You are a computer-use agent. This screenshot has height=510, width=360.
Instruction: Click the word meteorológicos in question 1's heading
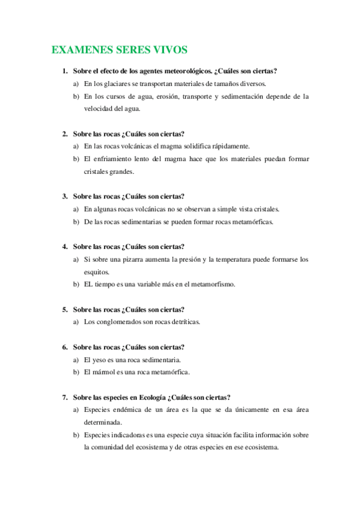tap(189, 71)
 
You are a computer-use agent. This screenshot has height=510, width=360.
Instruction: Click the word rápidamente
tap(233, 146)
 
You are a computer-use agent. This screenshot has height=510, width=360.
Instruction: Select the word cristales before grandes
tap(99, 171)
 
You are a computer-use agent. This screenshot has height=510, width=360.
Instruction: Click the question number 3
tap(64, 196)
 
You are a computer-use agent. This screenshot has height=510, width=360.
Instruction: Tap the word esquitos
tap(97, 272)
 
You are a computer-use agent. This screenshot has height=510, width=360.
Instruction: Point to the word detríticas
tap(182, 322)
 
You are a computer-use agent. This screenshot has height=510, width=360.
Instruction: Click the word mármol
tap(103, 372)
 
